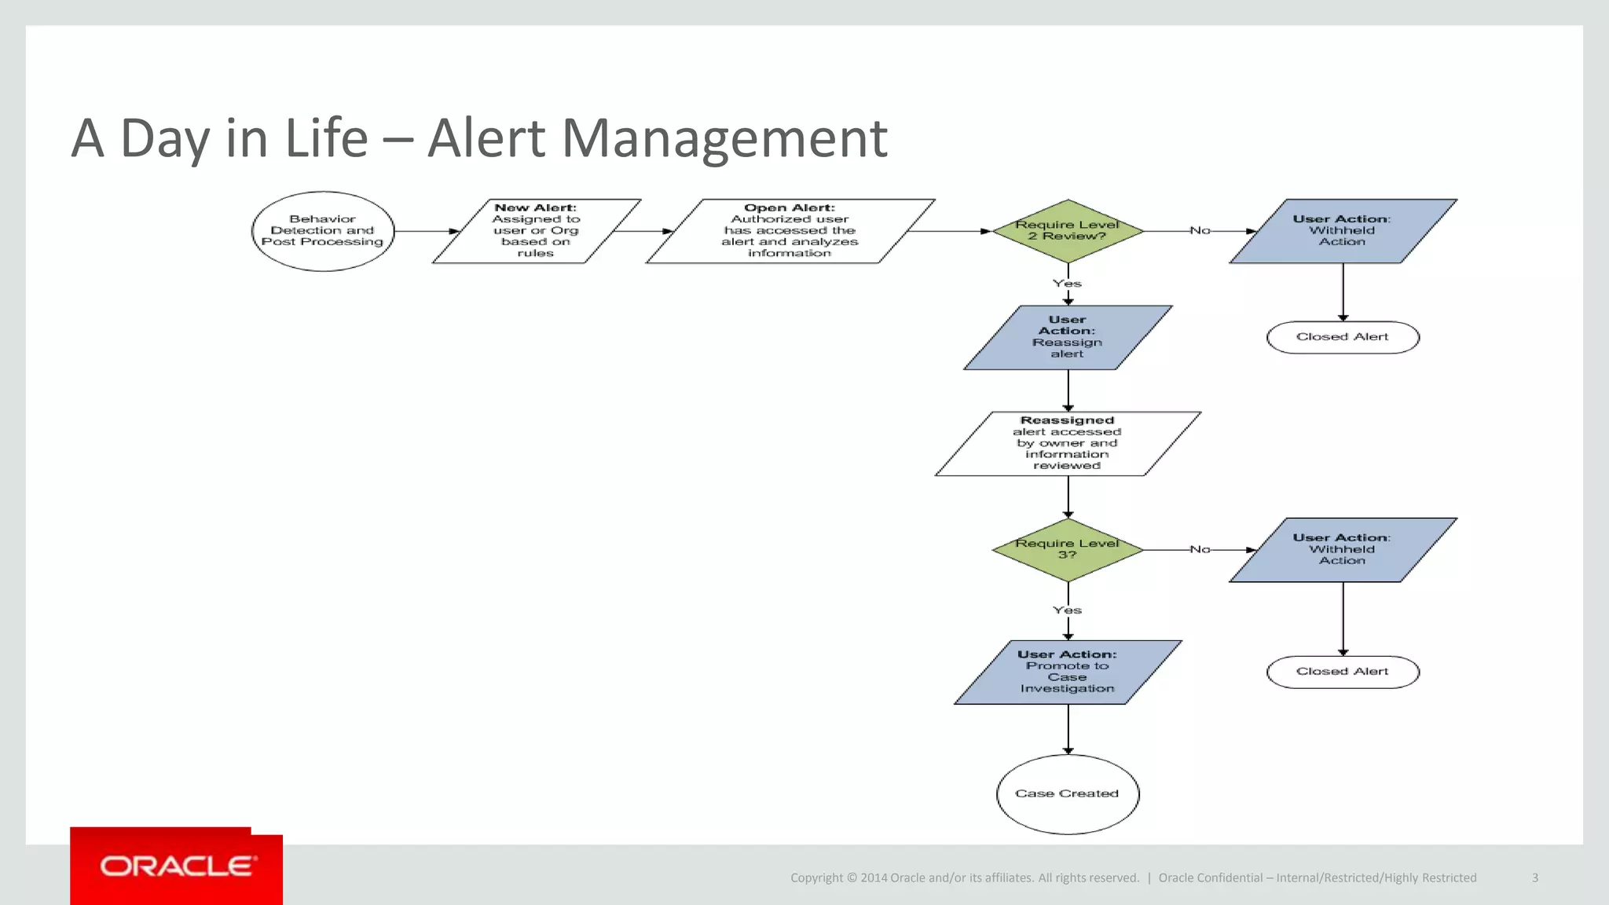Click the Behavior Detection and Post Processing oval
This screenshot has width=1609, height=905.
pos(323,231)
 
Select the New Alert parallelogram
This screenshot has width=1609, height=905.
pos(536,231)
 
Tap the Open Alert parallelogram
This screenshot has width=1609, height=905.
pos(790,231)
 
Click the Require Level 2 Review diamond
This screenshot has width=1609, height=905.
pos(1067,231)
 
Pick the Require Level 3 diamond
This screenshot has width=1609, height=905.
pos(1067,550)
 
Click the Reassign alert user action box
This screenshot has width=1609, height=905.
pos(1067,338)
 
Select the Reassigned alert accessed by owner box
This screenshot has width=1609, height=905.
pos(1067,444)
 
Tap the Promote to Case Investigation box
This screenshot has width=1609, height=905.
pos(1067,672)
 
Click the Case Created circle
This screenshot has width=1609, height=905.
pos(1067,794)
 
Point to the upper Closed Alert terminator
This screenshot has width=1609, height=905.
pos(1343,337)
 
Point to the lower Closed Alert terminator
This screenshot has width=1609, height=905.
pos(1343,672)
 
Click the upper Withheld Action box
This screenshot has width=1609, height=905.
pos(1343,231)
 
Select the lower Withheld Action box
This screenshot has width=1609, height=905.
pos(1343,550)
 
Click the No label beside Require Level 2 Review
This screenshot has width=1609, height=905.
pos(1200,230)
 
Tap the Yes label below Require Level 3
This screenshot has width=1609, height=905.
pos(1067,610)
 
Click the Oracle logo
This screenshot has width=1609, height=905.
pos(177,867)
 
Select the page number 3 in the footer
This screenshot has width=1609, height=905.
pos(1534,878)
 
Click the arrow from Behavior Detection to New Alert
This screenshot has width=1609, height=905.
pos(425,231)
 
